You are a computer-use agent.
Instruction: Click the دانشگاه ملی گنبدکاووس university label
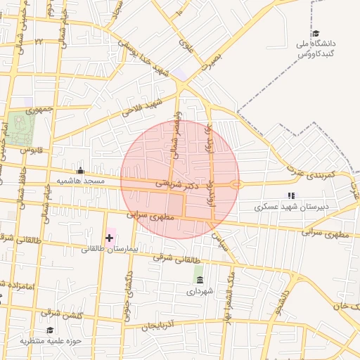tap(316, 49)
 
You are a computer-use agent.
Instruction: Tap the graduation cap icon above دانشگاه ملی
tap(316, 34)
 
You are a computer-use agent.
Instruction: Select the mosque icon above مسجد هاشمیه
tap(80, 170)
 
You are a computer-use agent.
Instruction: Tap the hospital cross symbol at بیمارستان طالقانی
tap(110, 238)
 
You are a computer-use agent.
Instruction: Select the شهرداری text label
tap(200, 290)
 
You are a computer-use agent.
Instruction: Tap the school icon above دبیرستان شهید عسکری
tap(290, 196)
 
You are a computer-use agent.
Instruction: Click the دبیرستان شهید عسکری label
tap(289, 207)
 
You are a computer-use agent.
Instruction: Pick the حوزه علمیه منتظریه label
tap(51, 341)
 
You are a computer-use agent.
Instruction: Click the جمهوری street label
tap(40, 110)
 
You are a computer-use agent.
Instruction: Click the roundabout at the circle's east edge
tap(236, 185)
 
